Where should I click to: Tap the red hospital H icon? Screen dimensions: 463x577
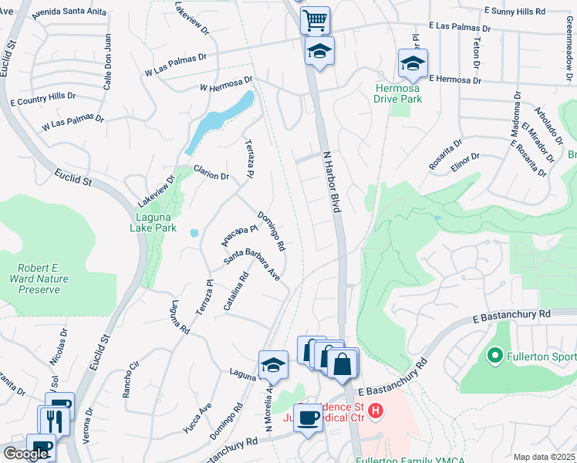(376, 410)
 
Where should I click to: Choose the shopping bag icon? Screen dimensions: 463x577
(342, 362)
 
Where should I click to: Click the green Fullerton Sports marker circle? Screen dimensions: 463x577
(495, 356)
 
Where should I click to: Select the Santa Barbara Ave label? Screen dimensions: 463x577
(251, 263)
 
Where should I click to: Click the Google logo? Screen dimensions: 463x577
(25, 453)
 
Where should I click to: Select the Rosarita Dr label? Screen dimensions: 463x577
(446, 154)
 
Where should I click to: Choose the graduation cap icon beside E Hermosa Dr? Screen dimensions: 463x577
(413, 64)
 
